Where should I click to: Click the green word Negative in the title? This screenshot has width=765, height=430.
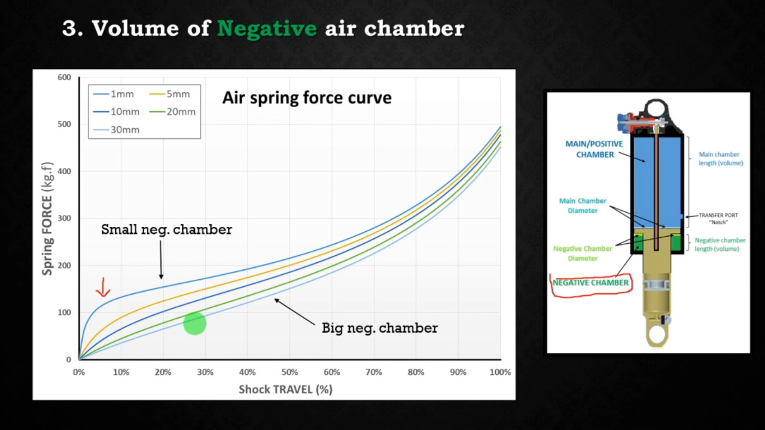[267, 28]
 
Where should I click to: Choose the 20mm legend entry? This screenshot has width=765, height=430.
[172, 112]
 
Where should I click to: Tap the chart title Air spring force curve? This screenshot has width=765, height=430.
[307, 98]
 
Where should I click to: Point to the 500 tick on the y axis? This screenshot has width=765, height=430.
[64, 124]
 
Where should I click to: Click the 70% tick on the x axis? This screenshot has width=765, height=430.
[374, 372]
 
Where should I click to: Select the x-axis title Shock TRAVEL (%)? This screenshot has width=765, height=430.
[285, 389]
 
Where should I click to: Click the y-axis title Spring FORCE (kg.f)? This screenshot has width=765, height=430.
[47, 219]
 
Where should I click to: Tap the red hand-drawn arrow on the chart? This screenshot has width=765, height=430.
[103, 287]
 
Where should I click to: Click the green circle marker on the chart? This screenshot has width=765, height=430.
[194, 323]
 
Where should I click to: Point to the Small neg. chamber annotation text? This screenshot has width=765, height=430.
[167, 229]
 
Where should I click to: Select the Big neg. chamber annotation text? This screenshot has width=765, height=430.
[380, 328]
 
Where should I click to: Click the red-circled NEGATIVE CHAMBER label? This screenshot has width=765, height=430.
[590, 283]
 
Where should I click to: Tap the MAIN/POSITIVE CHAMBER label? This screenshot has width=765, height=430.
[595, 149]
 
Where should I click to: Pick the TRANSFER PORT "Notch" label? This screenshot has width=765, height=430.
[718, 219]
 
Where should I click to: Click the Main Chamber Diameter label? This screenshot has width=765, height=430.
[583, 205]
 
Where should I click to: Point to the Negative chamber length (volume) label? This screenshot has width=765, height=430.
[720, 244]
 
